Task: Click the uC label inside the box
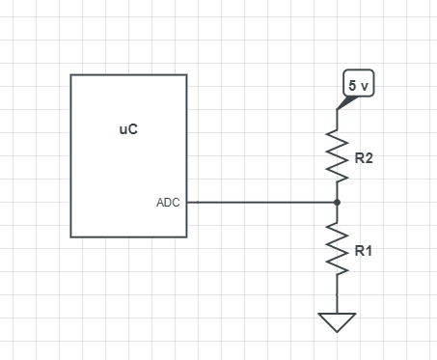tap(128, 129)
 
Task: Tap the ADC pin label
tap(168, 203)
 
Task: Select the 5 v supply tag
tap(359, 83)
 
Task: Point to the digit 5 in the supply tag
tap(352, 85)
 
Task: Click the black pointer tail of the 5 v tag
tap(345, 102)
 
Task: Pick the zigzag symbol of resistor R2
tap(337, 156)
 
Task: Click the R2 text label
tap(364, 158)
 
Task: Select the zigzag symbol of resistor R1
tap(337, 248)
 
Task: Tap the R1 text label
tap(364, 251)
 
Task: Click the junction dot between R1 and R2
tap(337, 203)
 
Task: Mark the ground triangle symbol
tap(337, 322)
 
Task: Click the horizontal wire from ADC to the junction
tap(262, 203)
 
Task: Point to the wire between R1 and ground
tap(337, 293)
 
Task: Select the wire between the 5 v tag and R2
tap(337, 120)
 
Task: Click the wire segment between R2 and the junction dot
tap(337, 191)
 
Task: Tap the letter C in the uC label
tap(133, 129)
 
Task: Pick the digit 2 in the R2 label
tap(369, 158)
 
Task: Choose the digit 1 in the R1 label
tap(369, 251)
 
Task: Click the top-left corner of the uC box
tap(70, 75)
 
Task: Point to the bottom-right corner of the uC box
tap(187, 237)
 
